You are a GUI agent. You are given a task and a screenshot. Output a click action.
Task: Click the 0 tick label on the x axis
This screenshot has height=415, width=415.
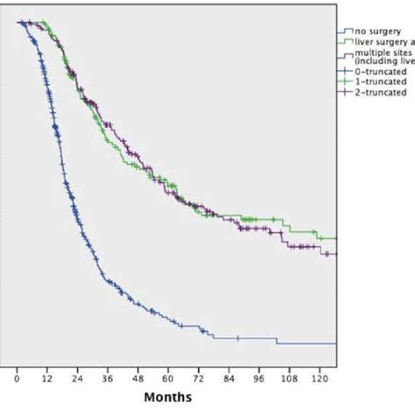pos(17,381)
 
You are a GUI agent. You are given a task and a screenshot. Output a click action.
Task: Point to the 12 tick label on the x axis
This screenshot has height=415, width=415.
pos(47,381)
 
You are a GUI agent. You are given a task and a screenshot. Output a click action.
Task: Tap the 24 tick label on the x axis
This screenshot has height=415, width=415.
pos(78,381)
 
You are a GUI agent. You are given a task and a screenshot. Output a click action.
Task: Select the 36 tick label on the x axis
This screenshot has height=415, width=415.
pos(108,381)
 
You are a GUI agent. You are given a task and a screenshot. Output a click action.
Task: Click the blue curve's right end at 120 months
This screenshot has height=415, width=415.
pos(335,343)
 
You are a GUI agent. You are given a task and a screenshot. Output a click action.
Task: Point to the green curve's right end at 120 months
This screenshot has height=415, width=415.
pos(335,238)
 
